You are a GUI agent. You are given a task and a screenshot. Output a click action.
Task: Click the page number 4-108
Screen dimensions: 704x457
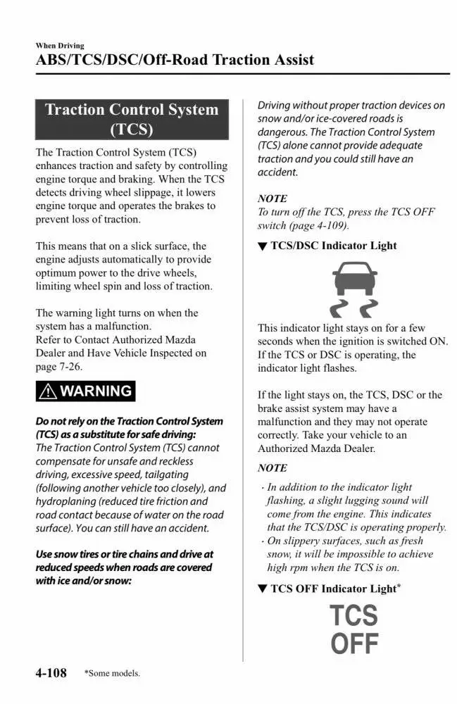click(51, 673)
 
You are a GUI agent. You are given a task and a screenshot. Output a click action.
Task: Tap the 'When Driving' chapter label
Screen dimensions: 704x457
click(60, 46)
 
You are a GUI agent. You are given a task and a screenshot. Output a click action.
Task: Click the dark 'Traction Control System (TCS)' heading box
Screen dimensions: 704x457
click(132, 119)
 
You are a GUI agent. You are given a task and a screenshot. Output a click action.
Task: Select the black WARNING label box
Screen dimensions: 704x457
click(85, 391)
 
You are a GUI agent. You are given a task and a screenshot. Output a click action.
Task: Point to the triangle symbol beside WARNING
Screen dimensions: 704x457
click(49, 391)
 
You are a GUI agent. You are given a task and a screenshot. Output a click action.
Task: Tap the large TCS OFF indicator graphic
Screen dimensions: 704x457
click(354, 629)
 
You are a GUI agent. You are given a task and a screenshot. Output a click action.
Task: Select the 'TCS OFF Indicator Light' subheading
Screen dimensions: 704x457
click(330, 589)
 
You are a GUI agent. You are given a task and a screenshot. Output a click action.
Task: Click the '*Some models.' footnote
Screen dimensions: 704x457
click(112, 674)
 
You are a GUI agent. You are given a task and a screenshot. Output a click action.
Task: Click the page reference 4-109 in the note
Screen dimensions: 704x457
click(329, 225)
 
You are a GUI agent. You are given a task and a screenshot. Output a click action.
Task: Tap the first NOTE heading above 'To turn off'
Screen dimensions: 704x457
click(273, 199)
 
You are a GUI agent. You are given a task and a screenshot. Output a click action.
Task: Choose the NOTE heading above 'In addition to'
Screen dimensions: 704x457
click(273, 468)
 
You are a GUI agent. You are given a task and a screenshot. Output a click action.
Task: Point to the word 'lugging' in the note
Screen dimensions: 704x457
click(367, 501)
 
